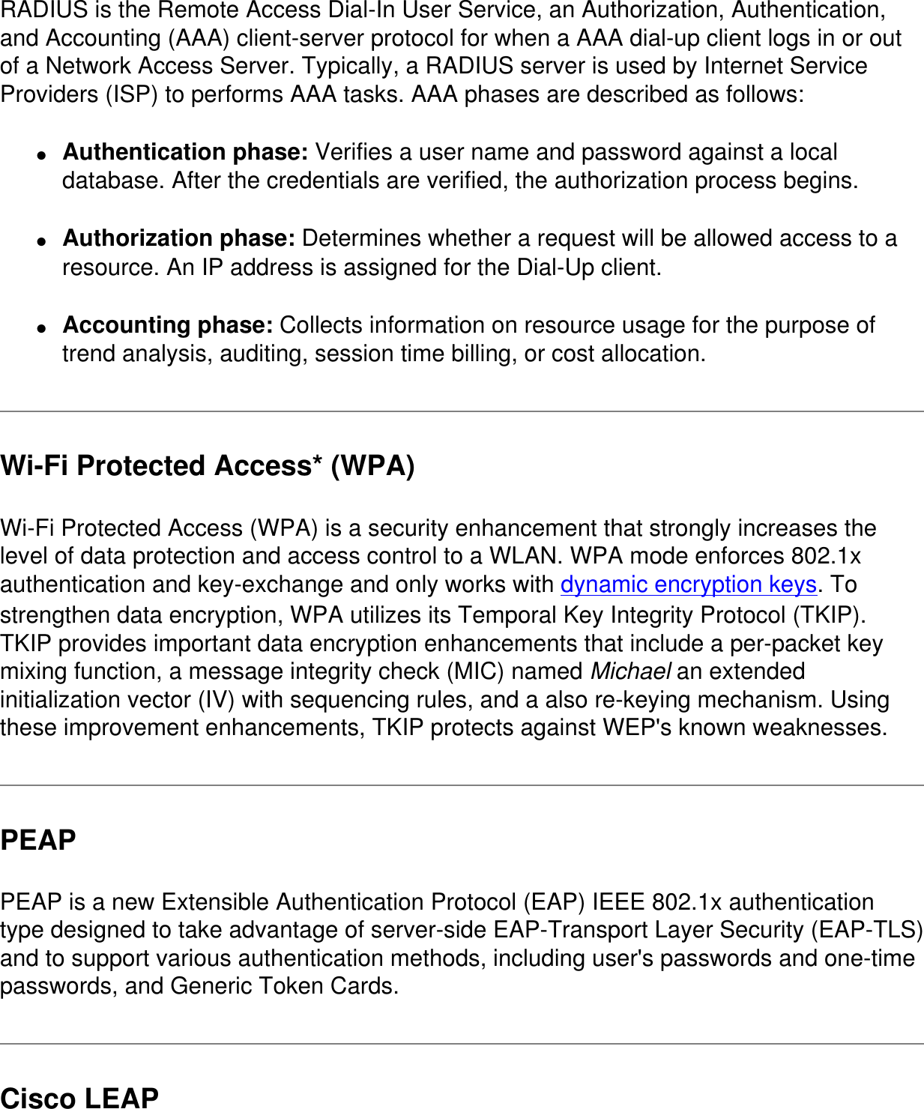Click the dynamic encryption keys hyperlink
coord(688,584)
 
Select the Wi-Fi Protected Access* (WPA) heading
coord(208,466)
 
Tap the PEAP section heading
coord(38,840)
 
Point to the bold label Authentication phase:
coord(185,152)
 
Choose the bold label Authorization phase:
coord(179,238)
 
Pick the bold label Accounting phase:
coord(168,325)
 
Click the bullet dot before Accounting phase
coord(43,328)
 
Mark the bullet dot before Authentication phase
coord(43,155)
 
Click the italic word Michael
coord(630,671)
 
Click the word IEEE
coord(619,901)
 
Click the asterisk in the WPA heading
coord(318,459)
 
